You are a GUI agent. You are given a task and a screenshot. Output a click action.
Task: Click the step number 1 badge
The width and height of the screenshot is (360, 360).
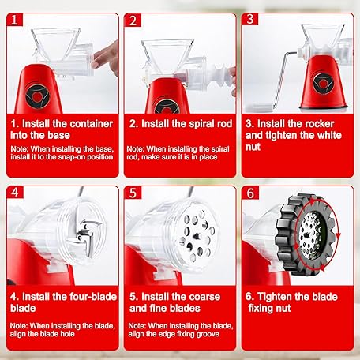15,20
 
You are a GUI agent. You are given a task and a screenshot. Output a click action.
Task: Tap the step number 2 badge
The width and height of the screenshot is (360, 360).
133,20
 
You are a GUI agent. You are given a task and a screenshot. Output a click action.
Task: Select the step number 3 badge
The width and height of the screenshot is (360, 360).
250,19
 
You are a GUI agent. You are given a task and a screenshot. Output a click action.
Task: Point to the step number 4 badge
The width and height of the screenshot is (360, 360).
15,193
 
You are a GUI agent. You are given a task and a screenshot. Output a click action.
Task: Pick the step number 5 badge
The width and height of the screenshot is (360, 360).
133,193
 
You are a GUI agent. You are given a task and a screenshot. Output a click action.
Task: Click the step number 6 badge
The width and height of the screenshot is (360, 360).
250,193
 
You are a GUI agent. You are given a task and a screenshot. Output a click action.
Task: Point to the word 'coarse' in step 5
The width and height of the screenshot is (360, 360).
204,297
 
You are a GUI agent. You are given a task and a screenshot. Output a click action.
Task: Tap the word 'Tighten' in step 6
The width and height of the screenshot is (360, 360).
275,297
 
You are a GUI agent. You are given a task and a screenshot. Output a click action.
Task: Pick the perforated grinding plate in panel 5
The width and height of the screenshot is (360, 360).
197,235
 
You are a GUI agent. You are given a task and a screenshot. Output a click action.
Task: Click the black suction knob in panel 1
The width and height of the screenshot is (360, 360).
37,96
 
